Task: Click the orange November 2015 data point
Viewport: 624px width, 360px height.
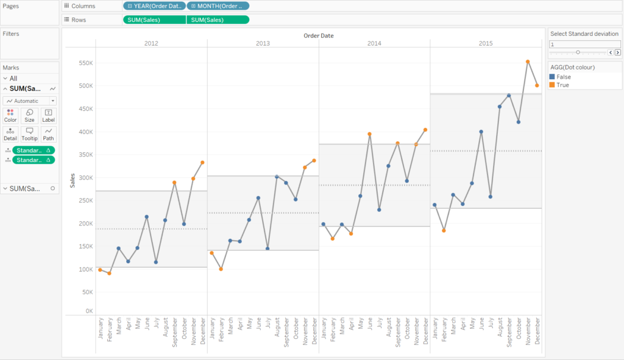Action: pyautogui.click(x=528, y=62)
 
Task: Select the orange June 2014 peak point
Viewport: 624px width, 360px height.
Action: pyautogui.click(x=369, y=134)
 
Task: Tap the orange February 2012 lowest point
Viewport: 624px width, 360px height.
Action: pyautogui.click(x=109, y=273)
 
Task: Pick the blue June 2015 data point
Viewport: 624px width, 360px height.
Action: pyautogui.click(x=481, y=132)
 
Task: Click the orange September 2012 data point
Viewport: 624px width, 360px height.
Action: pyautogui.click(x=174, y=183)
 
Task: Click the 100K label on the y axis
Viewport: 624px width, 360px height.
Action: pyautogui.click(x=85, y=269)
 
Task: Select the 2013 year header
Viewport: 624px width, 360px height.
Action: pyautogui.click(x=263, y=44)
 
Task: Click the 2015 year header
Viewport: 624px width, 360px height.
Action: pyautogui.click(x=486, y=44)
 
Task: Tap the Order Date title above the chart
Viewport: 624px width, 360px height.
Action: pyautogui.click(x=318, y=35)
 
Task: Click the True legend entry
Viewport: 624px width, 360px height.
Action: pyautogui.click(x=562, y=85)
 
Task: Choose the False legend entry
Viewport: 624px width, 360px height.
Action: pyautogui.click(x=564, y=77)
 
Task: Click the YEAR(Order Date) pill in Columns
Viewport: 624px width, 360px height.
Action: pyautogui.click(x=154, y=6)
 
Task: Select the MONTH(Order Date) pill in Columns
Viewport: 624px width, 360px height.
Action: pyautogui.click(x=218, y=6)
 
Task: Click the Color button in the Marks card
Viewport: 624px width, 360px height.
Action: pyautogui.click(x=10, y=115)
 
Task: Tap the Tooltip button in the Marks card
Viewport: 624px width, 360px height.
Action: pyautogui.click(x=29, y=133)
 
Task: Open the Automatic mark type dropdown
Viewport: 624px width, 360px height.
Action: pyautogui.click(x=30, y=101)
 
